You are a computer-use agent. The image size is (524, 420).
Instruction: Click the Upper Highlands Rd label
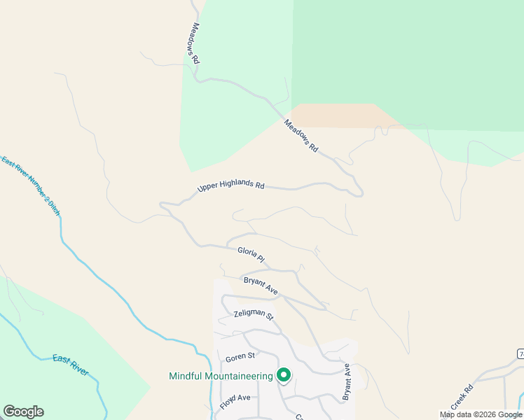(x=230, y=187)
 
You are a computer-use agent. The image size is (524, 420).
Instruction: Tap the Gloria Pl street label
(x=250, y=254)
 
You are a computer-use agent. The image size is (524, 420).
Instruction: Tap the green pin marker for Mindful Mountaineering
(x=284, y=376)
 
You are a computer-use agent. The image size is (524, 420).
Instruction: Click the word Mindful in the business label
(x=187, y=376)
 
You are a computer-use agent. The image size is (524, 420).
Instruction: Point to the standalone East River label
(x=70, y=365)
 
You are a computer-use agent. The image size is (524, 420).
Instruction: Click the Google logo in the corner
(x=23, y=412)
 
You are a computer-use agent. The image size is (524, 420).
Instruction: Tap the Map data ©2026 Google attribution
(x=481, y=414)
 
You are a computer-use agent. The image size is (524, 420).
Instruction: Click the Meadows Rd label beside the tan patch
(x=301, y=136)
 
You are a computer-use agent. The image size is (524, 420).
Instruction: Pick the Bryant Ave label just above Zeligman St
(x=261, y=285)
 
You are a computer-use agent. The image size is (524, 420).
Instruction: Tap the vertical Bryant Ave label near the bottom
(x=346, y=382)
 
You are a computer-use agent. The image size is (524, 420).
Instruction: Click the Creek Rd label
(x=462, y=397)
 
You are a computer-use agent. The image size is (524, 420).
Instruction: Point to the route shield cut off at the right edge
(x=520, y=354)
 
